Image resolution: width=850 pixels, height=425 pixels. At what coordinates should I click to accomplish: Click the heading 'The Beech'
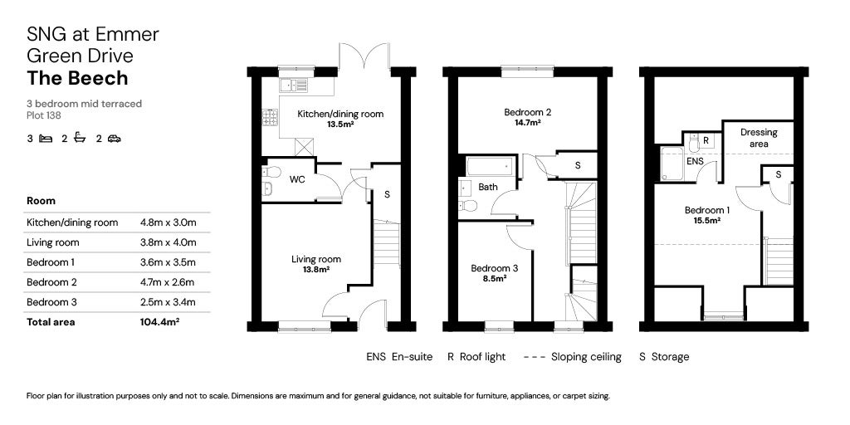[x=77, y=78]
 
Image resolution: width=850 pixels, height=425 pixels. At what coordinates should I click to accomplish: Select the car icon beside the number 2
[x=114, y=139]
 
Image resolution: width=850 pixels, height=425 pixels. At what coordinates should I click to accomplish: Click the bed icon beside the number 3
[x=46, y=139]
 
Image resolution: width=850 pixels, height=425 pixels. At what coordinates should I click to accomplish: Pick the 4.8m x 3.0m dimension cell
[x=169, y=222]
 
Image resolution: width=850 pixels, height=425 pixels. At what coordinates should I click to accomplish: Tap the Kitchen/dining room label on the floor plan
[x=342, y=114]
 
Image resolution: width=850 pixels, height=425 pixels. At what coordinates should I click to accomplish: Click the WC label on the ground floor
[x=297, y=179]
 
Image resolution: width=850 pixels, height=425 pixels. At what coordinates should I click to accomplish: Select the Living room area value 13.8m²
[x=315, y=270]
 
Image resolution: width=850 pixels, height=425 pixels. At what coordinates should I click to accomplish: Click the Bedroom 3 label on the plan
[x=494, y=268]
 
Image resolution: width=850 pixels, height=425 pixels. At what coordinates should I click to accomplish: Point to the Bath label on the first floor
[x=488, y=187]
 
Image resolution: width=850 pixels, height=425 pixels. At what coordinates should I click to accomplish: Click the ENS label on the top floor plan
[x=696, y=162]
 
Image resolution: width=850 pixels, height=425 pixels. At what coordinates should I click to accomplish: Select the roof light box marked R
[x=705, y=140]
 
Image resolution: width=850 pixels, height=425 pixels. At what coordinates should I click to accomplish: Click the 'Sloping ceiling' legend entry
[x=573, y=357]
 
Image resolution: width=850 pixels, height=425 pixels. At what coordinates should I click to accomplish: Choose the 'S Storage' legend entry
[x=664, y=357]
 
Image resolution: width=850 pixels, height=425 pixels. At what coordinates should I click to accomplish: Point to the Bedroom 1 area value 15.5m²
[x=707, y=221]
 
